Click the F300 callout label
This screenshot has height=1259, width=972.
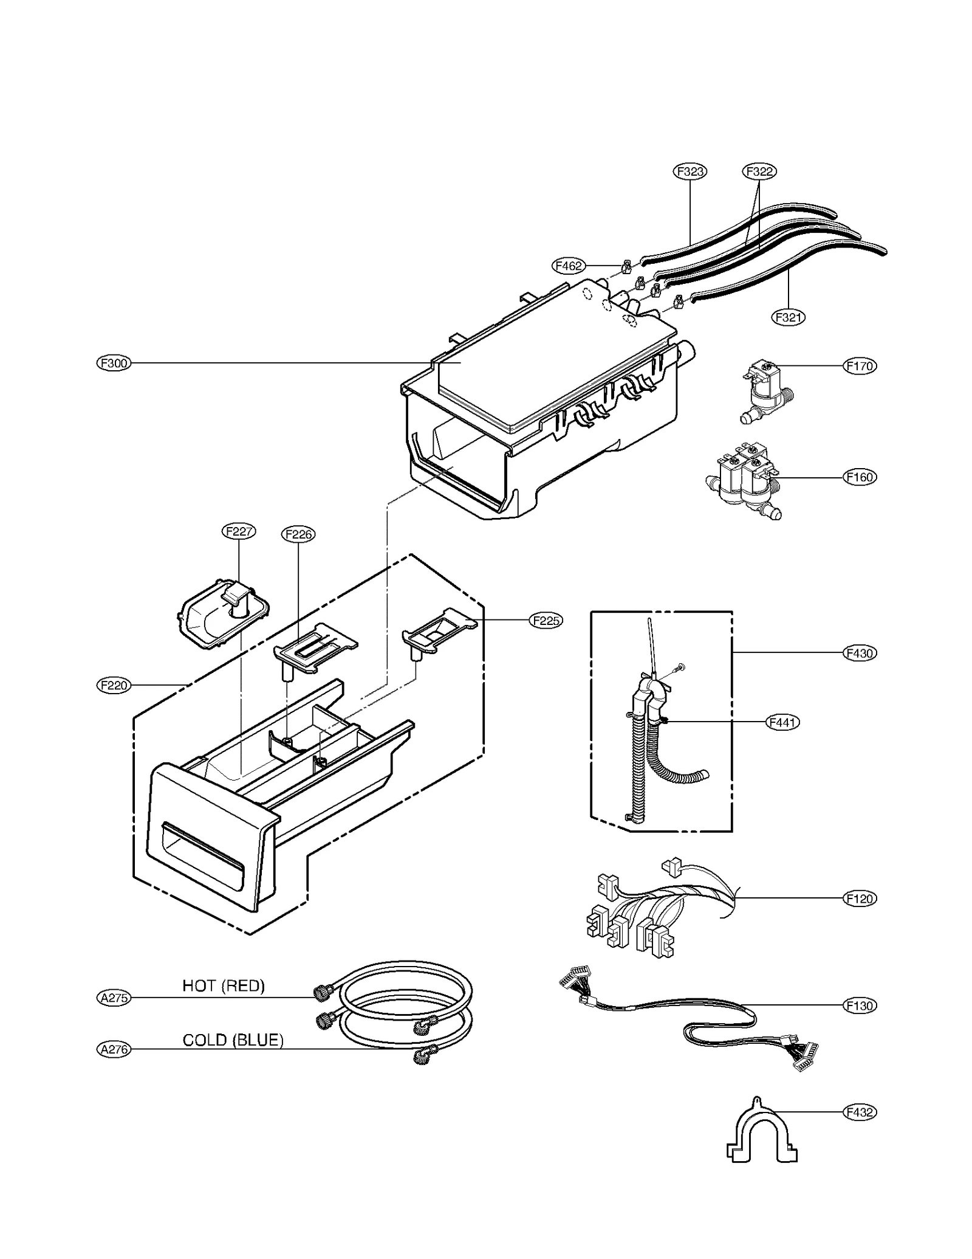pyautogui.click(x=114, y=364)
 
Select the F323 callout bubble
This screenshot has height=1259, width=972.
pyautogui.click(x=690, y=171)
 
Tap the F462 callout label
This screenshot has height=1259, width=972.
pyautogui.click(x=569, y=266)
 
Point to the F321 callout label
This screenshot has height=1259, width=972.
pyautogui.click(x=789, y=317)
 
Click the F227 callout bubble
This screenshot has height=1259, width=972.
pyautogui.click(x=238, y=531)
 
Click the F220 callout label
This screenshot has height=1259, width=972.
pyautogui.click(x=114, y=685)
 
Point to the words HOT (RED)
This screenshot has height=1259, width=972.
pyautogui.click(x=224, y=985)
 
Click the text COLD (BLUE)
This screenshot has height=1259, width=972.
pyautogui.click(x=233, y=1040)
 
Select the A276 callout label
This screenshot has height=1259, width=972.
pyautogui.click(x=114, y=1049)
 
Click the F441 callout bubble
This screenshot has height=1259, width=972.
pyautogui.click(x=783, y=722)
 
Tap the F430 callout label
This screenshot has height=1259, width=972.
pyautogui.click(x=860, y=654)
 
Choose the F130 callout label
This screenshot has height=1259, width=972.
pyautogui.click(x=860, y=1005)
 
